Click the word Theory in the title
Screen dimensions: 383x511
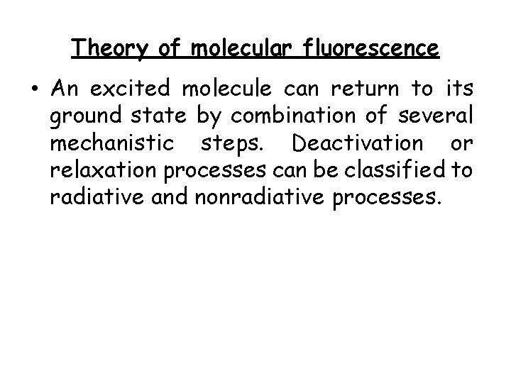(111, 49)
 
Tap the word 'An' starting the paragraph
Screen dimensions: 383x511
(65, 89)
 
